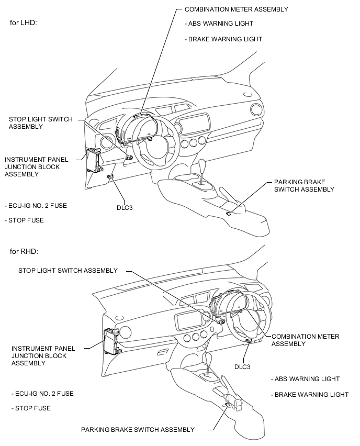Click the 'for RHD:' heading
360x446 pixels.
25,251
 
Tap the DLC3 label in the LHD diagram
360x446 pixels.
125,207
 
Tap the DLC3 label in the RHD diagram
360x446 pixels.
242,367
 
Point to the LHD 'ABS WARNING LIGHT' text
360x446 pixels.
219,24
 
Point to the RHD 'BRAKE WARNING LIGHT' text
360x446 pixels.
310,394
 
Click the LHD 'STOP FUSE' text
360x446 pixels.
24,220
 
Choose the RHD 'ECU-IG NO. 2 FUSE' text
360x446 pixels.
42,393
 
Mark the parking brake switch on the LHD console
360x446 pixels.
229,213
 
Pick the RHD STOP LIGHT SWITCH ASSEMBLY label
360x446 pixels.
68,271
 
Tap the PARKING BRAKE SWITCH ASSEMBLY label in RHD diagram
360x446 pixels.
138,430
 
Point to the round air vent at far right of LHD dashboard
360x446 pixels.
256,110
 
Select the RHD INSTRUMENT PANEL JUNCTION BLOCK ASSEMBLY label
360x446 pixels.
43,355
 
